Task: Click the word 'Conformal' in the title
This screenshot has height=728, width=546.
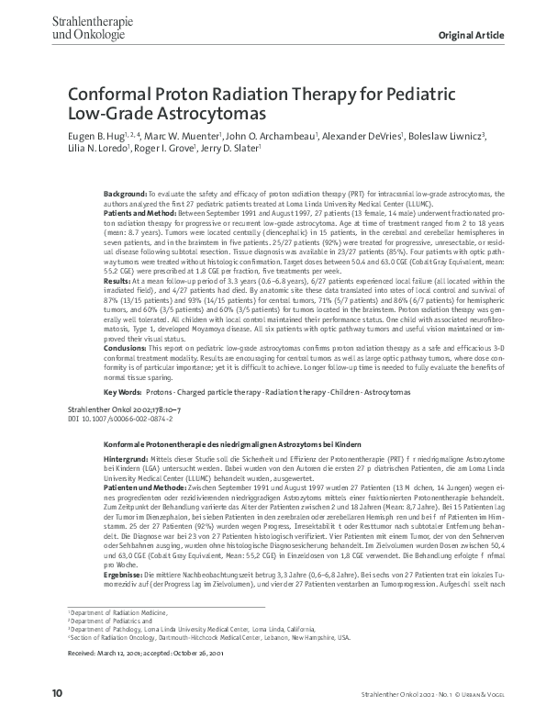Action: (107, 96)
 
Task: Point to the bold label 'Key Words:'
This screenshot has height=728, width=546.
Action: (122, 391)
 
